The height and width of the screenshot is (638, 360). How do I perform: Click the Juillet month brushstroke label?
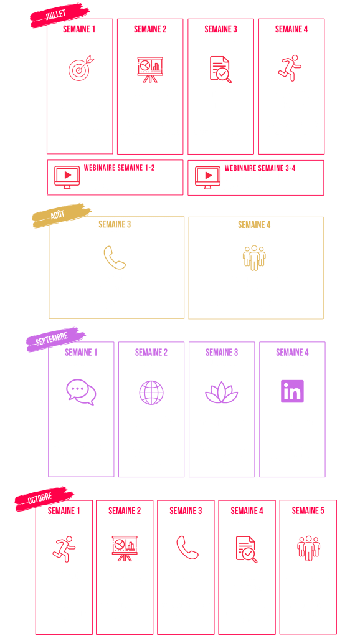point(60,15)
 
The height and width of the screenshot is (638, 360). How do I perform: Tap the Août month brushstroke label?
point(62,215)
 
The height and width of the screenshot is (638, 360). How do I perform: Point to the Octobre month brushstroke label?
point(44,498)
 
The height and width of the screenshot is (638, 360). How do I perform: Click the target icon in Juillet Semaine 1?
point(81,67)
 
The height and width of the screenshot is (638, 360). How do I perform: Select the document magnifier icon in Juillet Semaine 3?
point(220,70)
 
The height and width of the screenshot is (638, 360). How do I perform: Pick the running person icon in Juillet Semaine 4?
point(290,68)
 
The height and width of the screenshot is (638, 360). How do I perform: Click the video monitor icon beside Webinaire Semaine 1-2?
point(67,177)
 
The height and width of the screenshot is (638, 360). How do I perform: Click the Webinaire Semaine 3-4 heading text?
point(260,168)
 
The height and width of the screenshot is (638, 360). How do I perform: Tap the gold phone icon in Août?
point(115,257)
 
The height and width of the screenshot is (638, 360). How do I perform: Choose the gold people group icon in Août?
point(254,257)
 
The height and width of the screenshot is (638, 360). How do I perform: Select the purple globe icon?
point(151,393)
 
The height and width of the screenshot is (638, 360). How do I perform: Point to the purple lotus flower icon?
point(222,393)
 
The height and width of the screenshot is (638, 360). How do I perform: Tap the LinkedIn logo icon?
point(292,391)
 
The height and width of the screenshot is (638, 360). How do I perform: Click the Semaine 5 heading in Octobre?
point(308,510)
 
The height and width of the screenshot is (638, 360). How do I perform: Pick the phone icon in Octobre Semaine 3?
point(187,547)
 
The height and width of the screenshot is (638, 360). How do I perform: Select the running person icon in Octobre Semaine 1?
point(64,549)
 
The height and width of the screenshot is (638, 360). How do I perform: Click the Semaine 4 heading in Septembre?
point(292,353)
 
